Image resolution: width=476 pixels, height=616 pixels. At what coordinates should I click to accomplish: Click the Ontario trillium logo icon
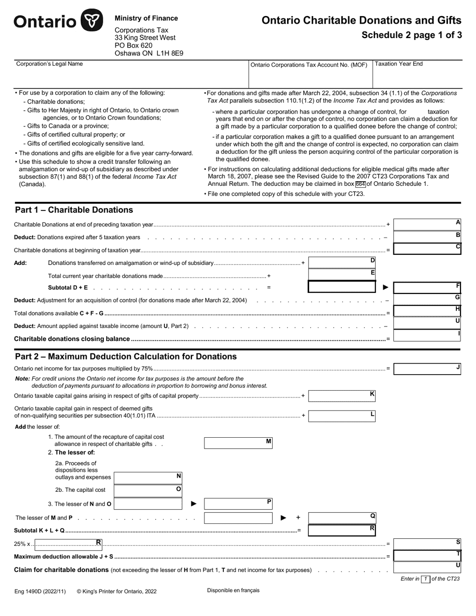click(x=92, y=21)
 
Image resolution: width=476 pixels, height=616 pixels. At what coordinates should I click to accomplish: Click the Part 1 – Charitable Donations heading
click(x=74, y=210)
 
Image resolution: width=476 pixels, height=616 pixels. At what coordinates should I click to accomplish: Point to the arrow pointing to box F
click(x=386, y=287)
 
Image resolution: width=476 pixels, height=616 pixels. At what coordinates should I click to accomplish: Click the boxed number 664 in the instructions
click(x=360, y=184)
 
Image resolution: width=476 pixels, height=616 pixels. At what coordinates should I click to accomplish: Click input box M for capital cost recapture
click(x=237, y=443)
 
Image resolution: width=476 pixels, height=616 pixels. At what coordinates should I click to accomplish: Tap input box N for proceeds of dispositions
click(x=147, y=478)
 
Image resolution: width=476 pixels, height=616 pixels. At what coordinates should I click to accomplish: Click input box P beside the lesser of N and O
click(x=237, y=503)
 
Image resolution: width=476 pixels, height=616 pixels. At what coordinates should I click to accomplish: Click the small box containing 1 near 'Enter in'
click(x=425, y=579)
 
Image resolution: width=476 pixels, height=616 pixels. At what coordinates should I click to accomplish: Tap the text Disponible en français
click(x=233, y=590)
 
